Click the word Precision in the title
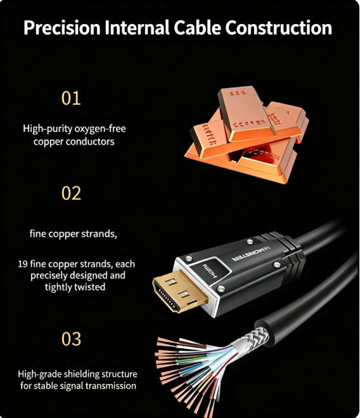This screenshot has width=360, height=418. (x=62, y=27)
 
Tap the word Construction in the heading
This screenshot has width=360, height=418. (x=278, y=27)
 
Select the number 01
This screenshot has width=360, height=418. (x=71, y=98)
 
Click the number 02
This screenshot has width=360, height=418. (x=71, y=193)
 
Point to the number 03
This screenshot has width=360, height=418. (x=71, y=339)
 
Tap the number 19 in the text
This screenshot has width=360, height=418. (x=23, y=264)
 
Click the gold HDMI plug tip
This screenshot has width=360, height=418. (x=180, y=291)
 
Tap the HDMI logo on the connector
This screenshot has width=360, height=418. (x=210, y=271)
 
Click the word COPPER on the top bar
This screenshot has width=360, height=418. (x=250, y=123)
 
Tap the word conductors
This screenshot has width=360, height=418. (x=90, y=141)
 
